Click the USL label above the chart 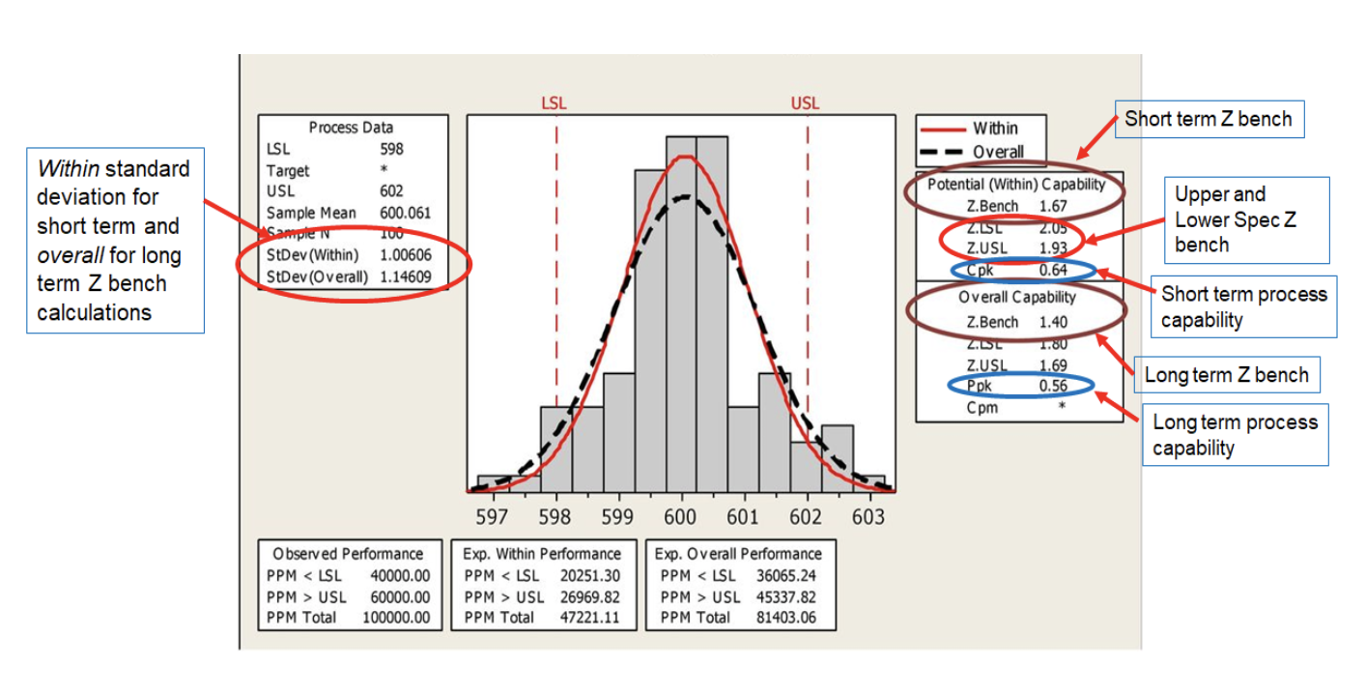(805, 103)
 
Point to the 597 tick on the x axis (492, 517)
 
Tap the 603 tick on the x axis (868, 517)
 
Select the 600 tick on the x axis (680, 517)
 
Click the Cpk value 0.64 (1052, 271)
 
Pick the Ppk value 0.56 (1052, 387)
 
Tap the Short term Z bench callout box (1209, 120)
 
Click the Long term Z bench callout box (1227, 375)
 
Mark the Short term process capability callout (1244, 306)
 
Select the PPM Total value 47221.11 (589, 617)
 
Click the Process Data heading (351, 128)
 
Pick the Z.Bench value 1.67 (1052, 206)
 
